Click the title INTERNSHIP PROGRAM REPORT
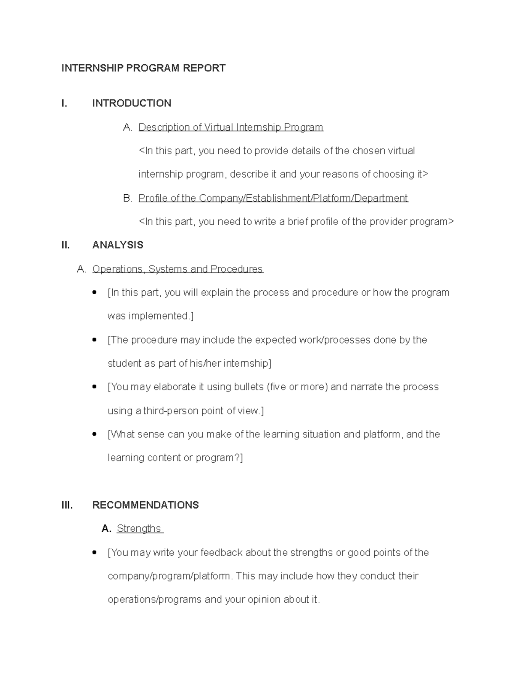[x=143, y=68]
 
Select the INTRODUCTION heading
[x=131, y=103]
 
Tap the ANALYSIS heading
[x=117, y=245]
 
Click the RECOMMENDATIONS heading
[x=145, y=505]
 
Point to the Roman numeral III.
[x=67, y=505]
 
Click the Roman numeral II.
[x=65, y=245]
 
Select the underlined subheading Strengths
[x=139, y=529]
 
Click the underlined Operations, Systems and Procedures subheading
[x=177, y=269]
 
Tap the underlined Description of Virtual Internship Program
[x=231, y=127]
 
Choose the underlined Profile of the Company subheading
[x=273, y=198]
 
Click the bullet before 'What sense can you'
[x=94, y=434]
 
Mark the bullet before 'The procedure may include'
[x=94, y=340]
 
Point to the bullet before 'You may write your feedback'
[x=94, y=553]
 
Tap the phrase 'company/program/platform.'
[x=170, y=576]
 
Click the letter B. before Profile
[x=128, y=198]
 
